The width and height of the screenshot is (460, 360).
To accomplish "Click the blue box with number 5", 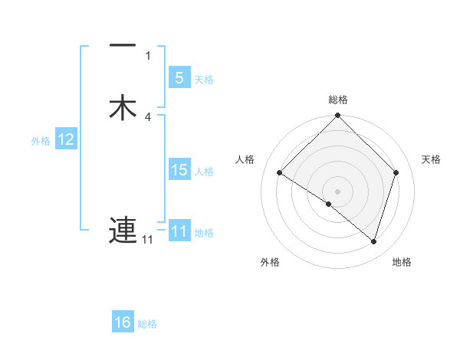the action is [x=179, y=77].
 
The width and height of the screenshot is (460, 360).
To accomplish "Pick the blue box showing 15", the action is [x=179, y=170].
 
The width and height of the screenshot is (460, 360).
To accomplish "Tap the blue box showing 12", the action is [x=66, y=139].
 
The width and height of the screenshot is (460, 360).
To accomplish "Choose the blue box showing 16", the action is [x=123, y=322].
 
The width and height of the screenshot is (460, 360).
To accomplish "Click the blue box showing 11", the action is [x=179, y=231].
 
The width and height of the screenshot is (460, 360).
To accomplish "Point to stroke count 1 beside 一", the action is [x=148, y=55].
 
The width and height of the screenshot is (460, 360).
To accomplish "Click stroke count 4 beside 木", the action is [x=148, y=116].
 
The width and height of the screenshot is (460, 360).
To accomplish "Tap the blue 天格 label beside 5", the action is [x=204, y=79].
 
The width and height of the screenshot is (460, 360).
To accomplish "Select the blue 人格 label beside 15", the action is [x=205, y=172].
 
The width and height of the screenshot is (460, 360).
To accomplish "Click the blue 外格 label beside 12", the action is [x=41, y=141].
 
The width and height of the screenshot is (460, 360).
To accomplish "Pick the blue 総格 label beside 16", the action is [x=148, y=324].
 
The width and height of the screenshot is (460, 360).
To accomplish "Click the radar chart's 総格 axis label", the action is [x=338, y=100].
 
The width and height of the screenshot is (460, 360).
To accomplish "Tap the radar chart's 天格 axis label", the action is [x=432, y=159].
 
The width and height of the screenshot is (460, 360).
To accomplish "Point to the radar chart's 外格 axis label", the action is [x=270, y=262].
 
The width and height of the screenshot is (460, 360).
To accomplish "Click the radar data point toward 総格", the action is [x=338, y=116].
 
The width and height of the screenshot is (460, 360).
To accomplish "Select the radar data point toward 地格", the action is [x=374, y=242].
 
